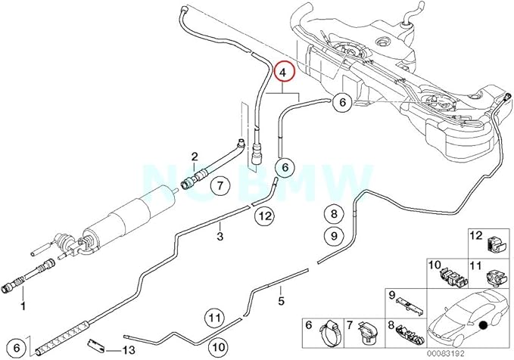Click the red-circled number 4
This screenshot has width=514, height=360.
pyautogui.click(x=283, y=73)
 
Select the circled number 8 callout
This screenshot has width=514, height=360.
pyautogui.click(x=332, y=213)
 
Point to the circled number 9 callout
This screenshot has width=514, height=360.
pyautogui.click(x=332, y=236)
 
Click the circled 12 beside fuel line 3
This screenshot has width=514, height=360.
pyautogui.click(x=263, y=217)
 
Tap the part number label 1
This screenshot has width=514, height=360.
pyautogui.click(x=23, y=306)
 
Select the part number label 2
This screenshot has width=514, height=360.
pyautogui.click(x=195, y=157)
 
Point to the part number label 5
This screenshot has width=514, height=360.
pyautogui.click(x=281, y=300)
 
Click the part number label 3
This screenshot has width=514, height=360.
pyautogui.click(x=220, y=237)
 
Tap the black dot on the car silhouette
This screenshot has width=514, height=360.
pyautogui.click(x=481, y=325)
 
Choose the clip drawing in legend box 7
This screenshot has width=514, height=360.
pyautogui.click(x=369, y=331)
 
